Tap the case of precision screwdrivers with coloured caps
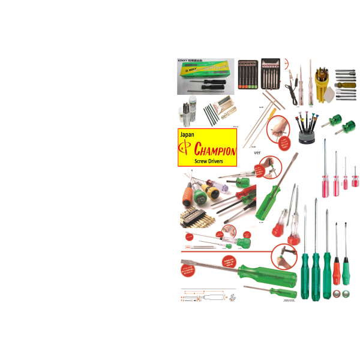(247, 75)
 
